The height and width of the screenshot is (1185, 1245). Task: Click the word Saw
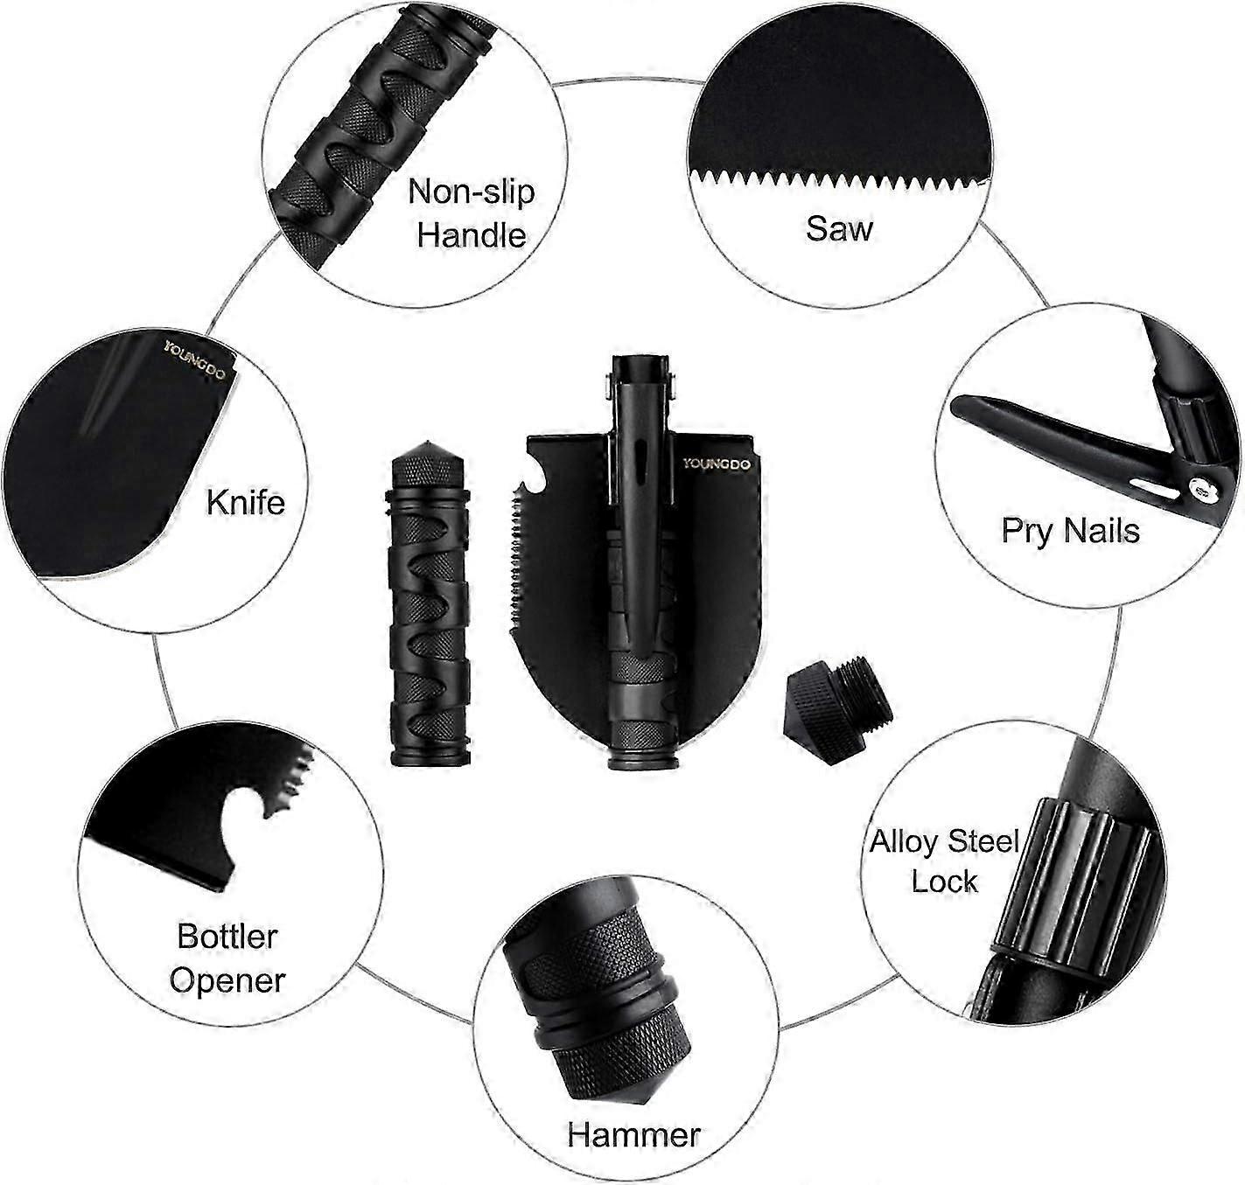[838, 228]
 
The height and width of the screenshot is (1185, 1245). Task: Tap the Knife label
[246, 502]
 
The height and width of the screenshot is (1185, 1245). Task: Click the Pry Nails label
[1070, 530]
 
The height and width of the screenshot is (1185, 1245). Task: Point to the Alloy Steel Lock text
[944, 861]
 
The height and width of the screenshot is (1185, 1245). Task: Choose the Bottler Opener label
[227, 958]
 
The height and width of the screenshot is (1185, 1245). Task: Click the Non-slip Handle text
[472, 213]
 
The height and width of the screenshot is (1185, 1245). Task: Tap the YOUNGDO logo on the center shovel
[717, 464]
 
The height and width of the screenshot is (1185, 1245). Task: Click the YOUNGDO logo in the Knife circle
[194, 360]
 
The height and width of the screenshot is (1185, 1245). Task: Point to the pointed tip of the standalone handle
[429, 442]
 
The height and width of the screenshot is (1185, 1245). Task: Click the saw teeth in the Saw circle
[840, 180]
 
